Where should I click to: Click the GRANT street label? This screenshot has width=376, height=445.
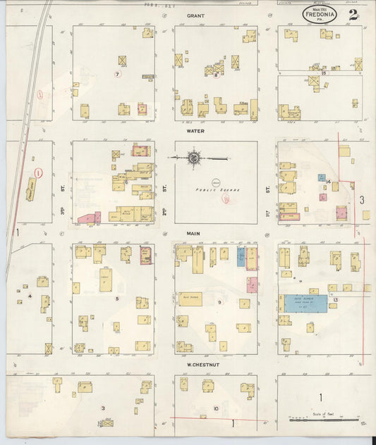[195, 15]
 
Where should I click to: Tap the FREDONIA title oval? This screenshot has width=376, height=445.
[324, 13]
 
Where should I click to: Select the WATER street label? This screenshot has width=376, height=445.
[195, 131]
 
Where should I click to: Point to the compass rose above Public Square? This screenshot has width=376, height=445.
[193, 157]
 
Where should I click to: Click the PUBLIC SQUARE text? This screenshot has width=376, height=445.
[213, 189]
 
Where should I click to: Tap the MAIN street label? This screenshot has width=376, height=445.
[195, 232]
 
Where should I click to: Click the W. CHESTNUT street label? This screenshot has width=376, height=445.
[200, 365]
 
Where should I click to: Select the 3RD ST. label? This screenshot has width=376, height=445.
[63, 211]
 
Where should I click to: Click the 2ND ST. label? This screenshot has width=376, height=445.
[164, 189]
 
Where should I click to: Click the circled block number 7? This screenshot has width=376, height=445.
[118, 74]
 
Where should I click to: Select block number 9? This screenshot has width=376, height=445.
[219, 302]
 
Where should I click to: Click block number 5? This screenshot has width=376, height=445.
[118, 299]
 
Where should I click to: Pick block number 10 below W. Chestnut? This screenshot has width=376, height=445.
[216, 408]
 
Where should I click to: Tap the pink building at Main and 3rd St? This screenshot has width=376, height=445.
[87, 218]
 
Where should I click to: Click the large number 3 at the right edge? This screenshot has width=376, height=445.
[362, 200]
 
